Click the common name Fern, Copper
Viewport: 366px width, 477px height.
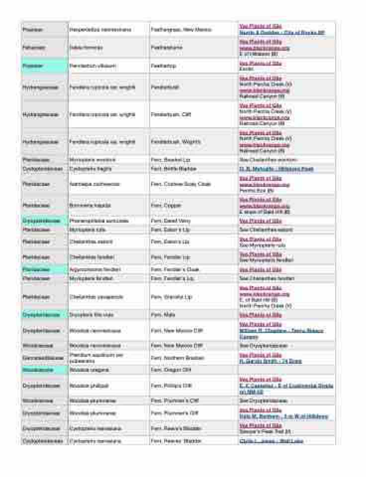click(x=166, y=205)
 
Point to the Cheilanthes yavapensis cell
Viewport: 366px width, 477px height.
click(x=96, y=297)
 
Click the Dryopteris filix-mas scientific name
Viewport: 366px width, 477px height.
click(x=91, y=315)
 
